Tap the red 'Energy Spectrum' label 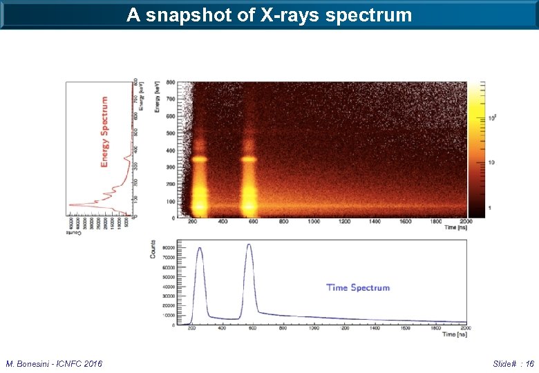(x=105, y=131)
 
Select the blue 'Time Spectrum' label (x=358, y=287)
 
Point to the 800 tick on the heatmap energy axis (x=170, y=82)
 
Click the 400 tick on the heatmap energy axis (x=170, y=151)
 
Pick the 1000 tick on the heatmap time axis (x=314, y=222)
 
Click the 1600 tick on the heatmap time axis (x=405, y=222)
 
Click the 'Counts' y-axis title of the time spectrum (x=153, y=250)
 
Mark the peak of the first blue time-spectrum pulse (x=200, y=248)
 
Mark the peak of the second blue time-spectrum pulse (x=249, y=245)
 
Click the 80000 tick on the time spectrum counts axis (x=169, y=247)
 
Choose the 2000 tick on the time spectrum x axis (x=465, y=329)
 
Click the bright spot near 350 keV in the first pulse (x=200, y=159)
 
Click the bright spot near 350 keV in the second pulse (x=249, y=159)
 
